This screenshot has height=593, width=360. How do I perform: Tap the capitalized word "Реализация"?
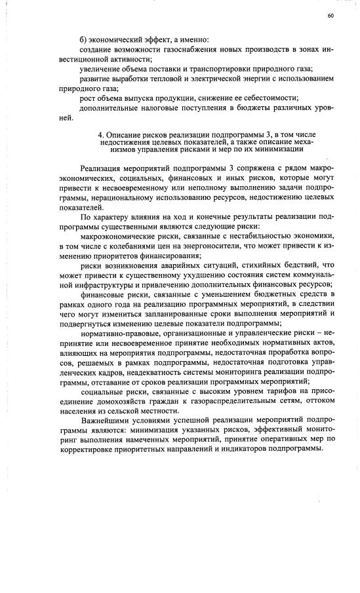pyautogui.click(x=102, y=168)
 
